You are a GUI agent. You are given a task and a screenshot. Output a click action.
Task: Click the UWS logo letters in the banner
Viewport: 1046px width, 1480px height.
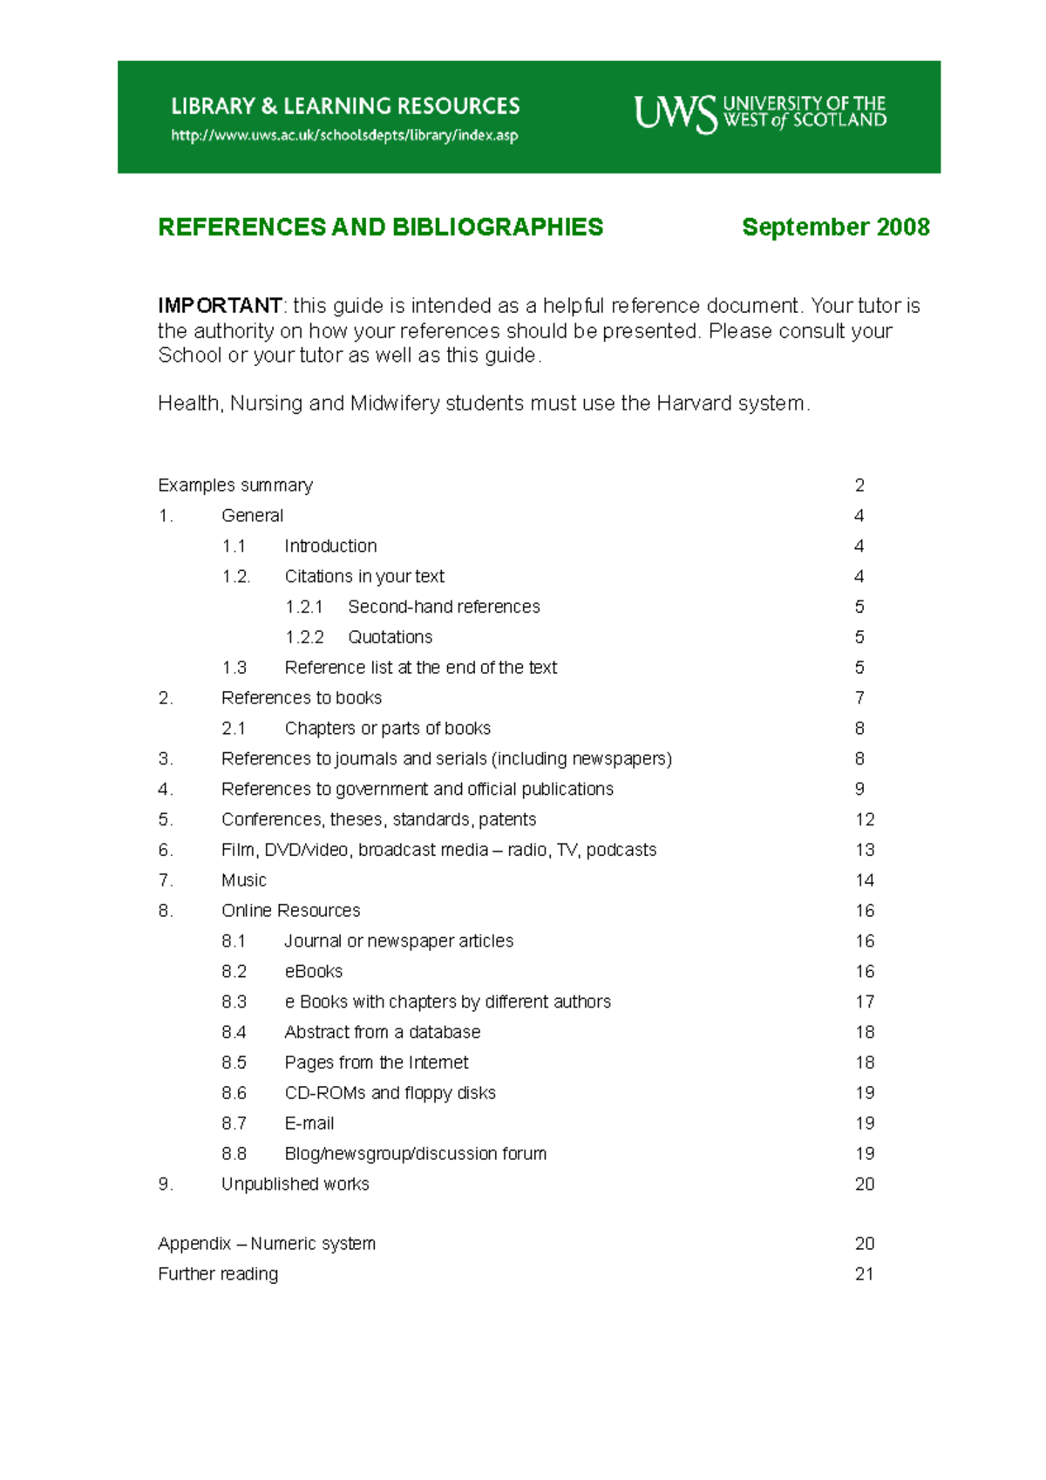[x=675, y=113]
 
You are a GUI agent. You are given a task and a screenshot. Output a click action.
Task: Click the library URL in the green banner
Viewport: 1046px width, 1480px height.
[x=344, y=135]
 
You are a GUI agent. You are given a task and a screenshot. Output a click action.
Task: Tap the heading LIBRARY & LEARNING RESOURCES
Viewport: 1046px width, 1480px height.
[x=345, y=106]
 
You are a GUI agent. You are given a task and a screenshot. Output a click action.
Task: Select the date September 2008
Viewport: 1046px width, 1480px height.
[x=835, y=227]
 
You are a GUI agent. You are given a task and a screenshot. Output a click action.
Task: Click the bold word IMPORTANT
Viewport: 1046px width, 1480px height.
[x=220, y=306]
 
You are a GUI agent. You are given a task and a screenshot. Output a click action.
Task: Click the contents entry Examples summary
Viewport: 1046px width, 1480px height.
[x=235, y=485]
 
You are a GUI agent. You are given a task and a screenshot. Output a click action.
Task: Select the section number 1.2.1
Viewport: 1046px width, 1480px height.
[x=304, y=607]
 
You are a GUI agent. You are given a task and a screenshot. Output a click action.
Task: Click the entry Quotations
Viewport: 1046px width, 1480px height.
[x=390, y=637]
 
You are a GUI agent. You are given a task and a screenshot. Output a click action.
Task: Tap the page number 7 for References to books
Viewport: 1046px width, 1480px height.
[x=859, y=698]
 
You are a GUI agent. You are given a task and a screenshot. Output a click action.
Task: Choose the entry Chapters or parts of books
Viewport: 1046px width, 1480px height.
[x=387, y=729]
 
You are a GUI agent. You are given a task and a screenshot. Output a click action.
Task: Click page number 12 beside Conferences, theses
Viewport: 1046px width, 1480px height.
[x=864, y=819]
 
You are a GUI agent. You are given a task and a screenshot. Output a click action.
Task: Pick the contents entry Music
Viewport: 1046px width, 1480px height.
[x=243, y=880]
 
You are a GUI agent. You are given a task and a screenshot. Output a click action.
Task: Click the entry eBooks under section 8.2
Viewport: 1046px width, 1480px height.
[x=313, y=972]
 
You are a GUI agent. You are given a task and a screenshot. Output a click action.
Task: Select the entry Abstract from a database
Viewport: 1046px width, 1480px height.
[x=382, y=1032]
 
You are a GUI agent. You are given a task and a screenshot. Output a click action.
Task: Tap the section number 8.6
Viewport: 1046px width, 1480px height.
[x=234, y=1093]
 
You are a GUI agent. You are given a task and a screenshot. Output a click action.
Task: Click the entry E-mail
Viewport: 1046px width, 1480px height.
[x=309, y=1124]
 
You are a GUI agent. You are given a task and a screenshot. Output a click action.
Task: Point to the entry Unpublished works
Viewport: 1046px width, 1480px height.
[x=295, y=1185]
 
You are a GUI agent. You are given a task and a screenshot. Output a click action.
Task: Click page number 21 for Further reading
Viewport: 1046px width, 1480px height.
[x=864, y=1274]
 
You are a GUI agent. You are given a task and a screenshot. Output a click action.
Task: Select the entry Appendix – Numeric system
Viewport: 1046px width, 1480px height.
[x=267, y=1244]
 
